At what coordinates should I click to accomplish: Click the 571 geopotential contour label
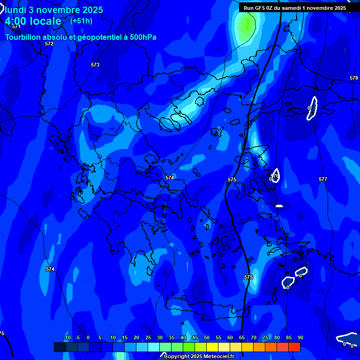pyautogui.click(x=16, y=26)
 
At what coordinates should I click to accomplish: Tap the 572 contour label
pyautogui.click(x=49, y=44)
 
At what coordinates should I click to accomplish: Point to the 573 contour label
pyautogui.click(x=95, y=65)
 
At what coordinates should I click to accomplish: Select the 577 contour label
pyautogui.click(x=322, y=179)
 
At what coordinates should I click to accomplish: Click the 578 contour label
pyautogui.click(x=354, y=78)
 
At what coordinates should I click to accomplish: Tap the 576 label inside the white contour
pyautogui.click(x=275, y=176)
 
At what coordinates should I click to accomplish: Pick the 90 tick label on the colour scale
pyautogui.click(x=300, y=337)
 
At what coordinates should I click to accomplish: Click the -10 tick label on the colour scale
pyautogui.click(x=67, y=337)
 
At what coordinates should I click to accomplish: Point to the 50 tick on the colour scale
pyautogui.click(x=207, y=337)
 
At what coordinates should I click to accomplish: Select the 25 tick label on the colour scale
pyautogui.click(x=148, y=337)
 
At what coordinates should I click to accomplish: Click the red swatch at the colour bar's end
pyautogui.click(x=294, y=347)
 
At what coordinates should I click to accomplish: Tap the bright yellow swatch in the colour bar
pyautogui.click(x=212, y=347)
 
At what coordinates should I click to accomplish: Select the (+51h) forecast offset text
pyautogui.click(x=81, y=21)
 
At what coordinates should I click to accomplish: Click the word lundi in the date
pyautogui.click(x=15, y=10)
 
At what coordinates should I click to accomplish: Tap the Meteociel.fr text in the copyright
pyautogui.click(x=216, y=357)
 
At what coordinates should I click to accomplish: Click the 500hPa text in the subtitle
pyautogui.click(x=141, y=37)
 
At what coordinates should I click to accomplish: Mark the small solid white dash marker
pyautogui.click(x=279, y=206)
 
